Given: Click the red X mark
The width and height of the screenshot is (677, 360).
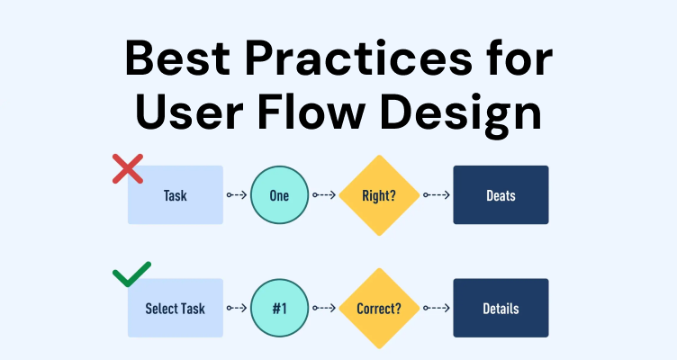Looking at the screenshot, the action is (x=128, y=169).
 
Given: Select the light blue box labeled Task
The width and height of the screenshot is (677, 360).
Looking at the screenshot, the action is (x=176, y=194).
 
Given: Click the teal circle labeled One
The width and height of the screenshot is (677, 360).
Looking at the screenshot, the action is (x=280, y=195).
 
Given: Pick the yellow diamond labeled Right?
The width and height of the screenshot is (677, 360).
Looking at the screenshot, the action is (x=379, y=195).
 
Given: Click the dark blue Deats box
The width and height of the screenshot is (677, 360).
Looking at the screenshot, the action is (x=501, y=194).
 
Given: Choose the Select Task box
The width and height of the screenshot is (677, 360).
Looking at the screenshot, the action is (x=176, y=308).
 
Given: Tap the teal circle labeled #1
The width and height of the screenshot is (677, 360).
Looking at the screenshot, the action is (x=280, y=308).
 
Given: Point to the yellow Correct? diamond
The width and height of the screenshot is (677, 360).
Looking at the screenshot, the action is (x=379, y=308).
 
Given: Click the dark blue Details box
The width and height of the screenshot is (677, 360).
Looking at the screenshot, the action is (x=501, y=308).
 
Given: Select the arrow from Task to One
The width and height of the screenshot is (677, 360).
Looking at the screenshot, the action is (x=237, y=195).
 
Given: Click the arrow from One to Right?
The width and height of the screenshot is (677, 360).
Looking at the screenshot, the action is (x=324, y=195).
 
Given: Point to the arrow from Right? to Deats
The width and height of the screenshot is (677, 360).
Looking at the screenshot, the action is (x=437, y=195).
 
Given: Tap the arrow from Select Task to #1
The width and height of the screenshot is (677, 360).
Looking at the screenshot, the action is (x=237, y=308).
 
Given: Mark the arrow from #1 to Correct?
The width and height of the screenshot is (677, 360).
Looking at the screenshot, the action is (x=324, y=308).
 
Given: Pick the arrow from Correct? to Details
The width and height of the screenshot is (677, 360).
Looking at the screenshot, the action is (x=437, y=308).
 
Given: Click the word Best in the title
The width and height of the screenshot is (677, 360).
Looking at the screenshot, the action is (x=177, y=58).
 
